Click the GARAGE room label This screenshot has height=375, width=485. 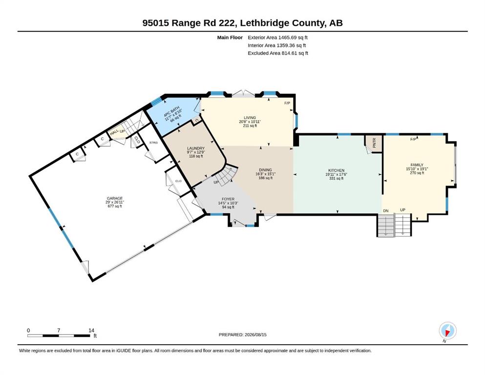tap(115, 198)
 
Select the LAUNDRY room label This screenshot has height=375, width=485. tap(196, 148)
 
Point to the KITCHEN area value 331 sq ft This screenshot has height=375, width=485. tap(336, 178)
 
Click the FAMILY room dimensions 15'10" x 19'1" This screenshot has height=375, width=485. tap(417, 169)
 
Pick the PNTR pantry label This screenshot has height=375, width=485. tap(374, 143)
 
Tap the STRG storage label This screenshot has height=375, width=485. tap(153, 143)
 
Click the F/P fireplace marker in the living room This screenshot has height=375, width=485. tap(287, 103)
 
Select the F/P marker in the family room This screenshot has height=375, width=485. tap(413, 139)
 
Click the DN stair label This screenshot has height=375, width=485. tap(386, 211)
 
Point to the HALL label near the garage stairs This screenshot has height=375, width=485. tap(114, 133)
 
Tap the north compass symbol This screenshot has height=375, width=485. tap(447, 331)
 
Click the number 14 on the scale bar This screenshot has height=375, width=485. tap(91, 331)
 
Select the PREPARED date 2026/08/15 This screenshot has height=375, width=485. tap(255, 334)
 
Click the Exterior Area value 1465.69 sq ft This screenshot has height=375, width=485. tap(293, 38)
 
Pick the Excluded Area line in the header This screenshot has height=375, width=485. tap(278, 53)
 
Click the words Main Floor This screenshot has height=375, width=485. tap(230, 38)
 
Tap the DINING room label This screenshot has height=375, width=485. tap(265, 170)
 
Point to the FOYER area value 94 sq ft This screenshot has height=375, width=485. tap(228, 207)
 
